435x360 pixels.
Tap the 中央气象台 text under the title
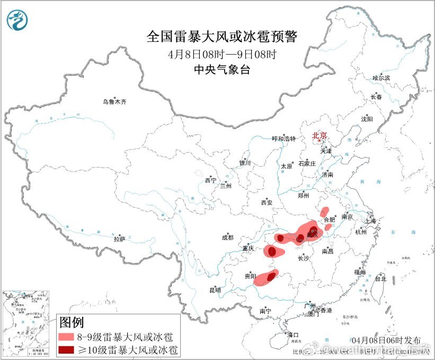coord(222,69)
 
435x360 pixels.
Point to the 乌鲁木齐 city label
coord(115,101)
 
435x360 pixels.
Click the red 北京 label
coord(320,135)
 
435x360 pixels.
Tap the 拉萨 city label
coord(119,239)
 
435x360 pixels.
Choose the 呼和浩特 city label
coord(285,138)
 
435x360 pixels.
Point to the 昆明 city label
coord(215,290)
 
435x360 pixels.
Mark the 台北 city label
coord(380,278)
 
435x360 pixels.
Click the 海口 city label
coord(292,335)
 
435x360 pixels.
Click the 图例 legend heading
coord(71,322)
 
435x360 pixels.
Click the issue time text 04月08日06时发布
coord(389,340)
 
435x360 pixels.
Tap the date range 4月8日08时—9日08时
coord(222,54)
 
